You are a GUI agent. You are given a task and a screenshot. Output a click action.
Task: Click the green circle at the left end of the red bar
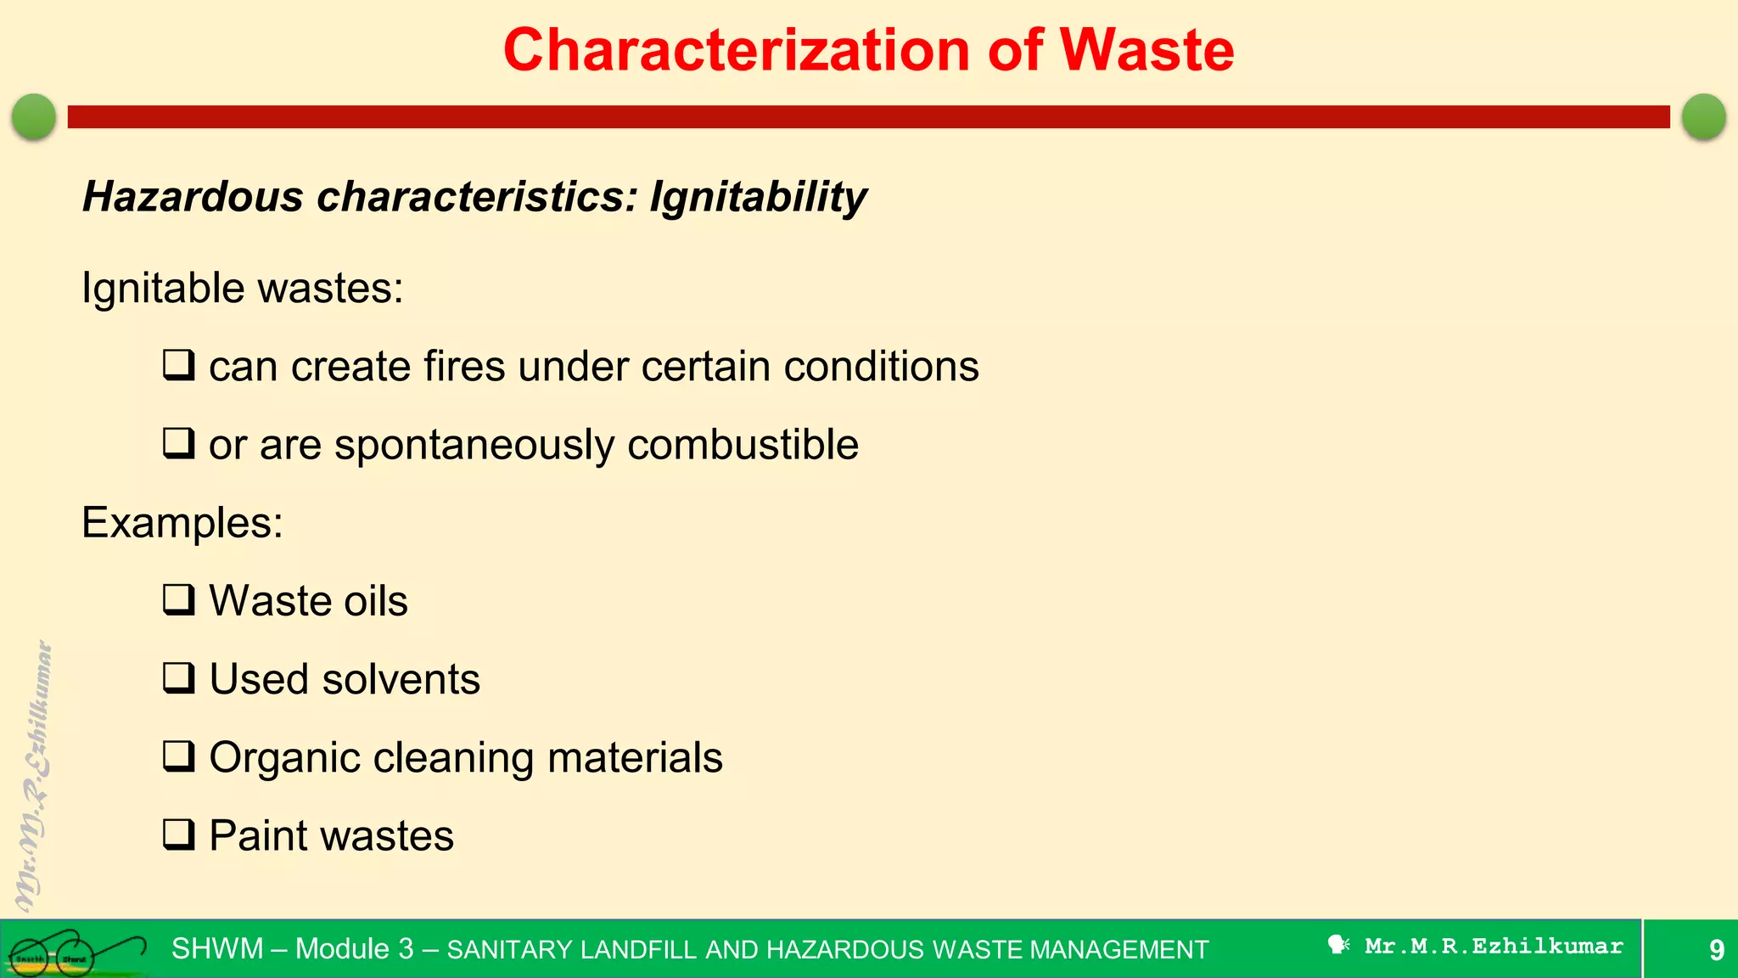click(x=34, y=116)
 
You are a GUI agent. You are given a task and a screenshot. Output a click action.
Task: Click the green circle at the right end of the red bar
click(x=1703, y=116)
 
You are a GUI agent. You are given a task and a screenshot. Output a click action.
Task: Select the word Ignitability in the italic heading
click(x=758, y=197)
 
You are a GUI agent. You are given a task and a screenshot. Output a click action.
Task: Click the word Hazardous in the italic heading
click(x=193, y=197)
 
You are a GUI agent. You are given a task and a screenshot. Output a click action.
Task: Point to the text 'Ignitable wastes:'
click(x=243, y=288)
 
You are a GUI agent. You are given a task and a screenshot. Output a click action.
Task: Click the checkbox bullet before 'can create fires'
click(x=179, y=365)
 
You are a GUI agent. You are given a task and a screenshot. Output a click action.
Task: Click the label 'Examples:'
click(x=182, y=522)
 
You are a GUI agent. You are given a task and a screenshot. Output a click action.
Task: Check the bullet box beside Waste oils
click(x=179, y=599)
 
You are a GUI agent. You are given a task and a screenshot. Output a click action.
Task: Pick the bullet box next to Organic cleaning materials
click(x=179, y=756)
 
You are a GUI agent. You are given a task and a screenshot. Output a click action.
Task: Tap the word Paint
click(x=258, y=835)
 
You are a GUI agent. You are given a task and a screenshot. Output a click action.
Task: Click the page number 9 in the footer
click(x=1716, y=949)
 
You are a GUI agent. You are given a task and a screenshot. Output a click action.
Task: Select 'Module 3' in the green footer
click(x=354, y=948)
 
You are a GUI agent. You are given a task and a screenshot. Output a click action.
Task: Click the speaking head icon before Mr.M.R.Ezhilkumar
click(x=1338, y=945)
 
